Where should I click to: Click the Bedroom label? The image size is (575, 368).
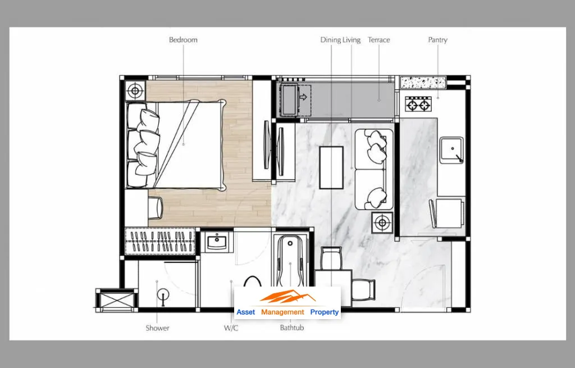coord(183,40)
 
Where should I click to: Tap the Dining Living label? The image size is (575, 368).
coord(340,40)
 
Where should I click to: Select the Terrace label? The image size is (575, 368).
coord(379,40)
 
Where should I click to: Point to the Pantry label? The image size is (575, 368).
coord(437,40)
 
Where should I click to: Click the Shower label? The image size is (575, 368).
coord(157,328)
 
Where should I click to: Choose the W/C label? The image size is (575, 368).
coord(231,328)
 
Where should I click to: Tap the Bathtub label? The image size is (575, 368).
coord(292,328)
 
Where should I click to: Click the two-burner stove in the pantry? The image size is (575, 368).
coord(418,104)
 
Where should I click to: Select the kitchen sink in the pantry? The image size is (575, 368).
coord(451,150)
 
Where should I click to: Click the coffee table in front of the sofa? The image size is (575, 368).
coord(331,167)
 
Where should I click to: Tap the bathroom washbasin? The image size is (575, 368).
coord(217,242)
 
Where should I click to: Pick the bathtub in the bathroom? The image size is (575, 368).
coord(290,261)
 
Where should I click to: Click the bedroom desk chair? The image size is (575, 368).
coord(155,208)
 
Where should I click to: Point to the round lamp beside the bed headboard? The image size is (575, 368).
coord(135,90)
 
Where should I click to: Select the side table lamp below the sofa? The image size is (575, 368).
coord(382,222)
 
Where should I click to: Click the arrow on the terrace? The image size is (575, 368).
coord(303,97)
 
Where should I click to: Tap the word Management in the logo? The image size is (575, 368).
coord(282,312)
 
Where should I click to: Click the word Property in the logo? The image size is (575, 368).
coord(325,312)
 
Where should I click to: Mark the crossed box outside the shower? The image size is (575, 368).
coord(117,300)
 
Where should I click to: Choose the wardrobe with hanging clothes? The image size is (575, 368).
coord(160,241)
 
